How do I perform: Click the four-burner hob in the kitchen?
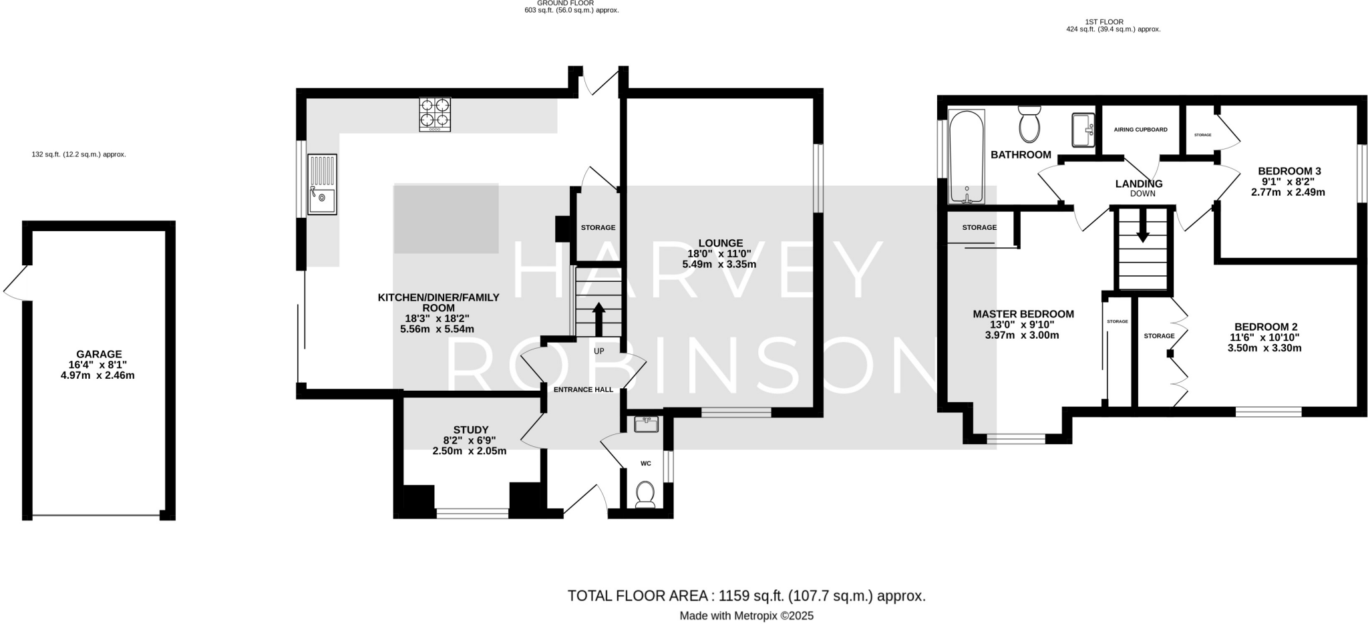pos(434,114)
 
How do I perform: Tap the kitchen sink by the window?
pos(322,184)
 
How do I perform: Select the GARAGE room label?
pos(99,354)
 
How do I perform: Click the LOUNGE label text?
pos(720,243)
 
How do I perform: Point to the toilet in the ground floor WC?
pos(645,495)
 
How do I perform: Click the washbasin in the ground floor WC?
pos(646,424)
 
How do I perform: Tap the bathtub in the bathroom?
pos(966,156)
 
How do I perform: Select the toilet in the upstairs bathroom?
pos(1029,124)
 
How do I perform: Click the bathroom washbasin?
pos(1083,130)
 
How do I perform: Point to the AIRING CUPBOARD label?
pos(1140,130)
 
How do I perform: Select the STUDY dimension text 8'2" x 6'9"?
pos(470,440)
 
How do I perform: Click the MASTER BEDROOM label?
pos(1023,314)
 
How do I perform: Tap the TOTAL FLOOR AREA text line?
pos(746,596)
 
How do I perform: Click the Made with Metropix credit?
pos(746,616)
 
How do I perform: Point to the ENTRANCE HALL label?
pos(583,389)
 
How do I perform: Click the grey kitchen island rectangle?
pos(446,219)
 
